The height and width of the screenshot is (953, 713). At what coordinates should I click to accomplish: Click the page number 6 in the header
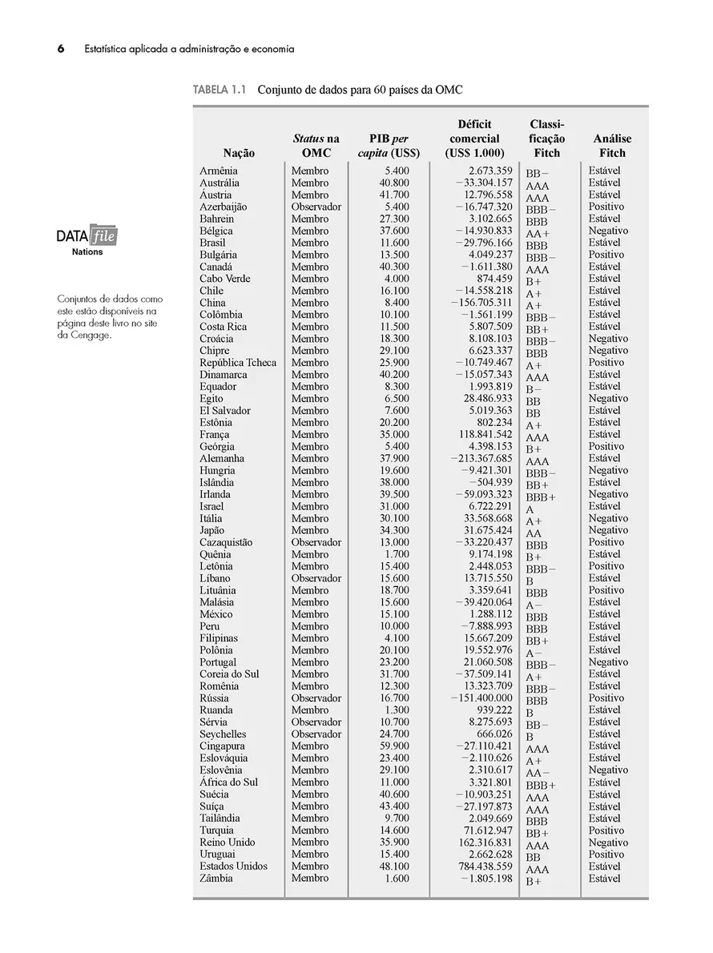(60, 49)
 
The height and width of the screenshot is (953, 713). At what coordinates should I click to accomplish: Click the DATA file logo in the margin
(87, 237)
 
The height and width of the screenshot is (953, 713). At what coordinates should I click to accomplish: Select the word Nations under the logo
(87, 252)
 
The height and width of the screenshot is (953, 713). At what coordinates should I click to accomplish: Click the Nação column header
(239, 153)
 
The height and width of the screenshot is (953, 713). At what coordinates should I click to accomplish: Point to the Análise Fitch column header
(612, 146)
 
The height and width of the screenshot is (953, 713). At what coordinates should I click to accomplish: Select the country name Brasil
(212, 243)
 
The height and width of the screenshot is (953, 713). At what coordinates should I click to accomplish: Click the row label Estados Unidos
(234, 867)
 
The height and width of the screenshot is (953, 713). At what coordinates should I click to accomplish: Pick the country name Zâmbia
(216, 879)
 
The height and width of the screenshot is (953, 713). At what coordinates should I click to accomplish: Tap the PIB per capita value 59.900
(393, 746)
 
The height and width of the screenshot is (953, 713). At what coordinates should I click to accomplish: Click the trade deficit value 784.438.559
(481, 867)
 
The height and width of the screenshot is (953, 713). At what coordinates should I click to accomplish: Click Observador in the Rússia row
(316, 698)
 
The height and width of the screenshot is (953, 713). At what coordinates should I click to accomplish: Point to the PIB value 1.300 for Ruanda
(396, 710)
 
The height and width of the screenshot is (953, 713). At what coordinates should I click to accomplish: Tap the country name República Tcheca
(238, 363)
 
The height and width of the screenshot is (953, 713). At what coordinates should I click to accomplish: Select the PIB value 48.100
(393, 867)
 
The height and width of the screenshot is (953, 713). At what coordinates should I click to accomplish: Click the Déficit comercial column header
(474, 139)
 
